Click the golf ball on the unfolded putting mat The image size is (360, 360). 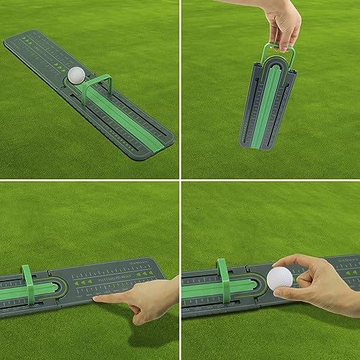pos(77,76)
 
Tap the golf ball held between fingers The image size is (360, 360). pos(279,279)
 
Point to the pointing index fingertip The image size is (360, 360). pos(96,297)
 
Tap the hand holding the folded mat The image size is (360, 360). pos(282,25)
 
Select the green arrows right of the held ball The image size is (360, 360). pos(324,274)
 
